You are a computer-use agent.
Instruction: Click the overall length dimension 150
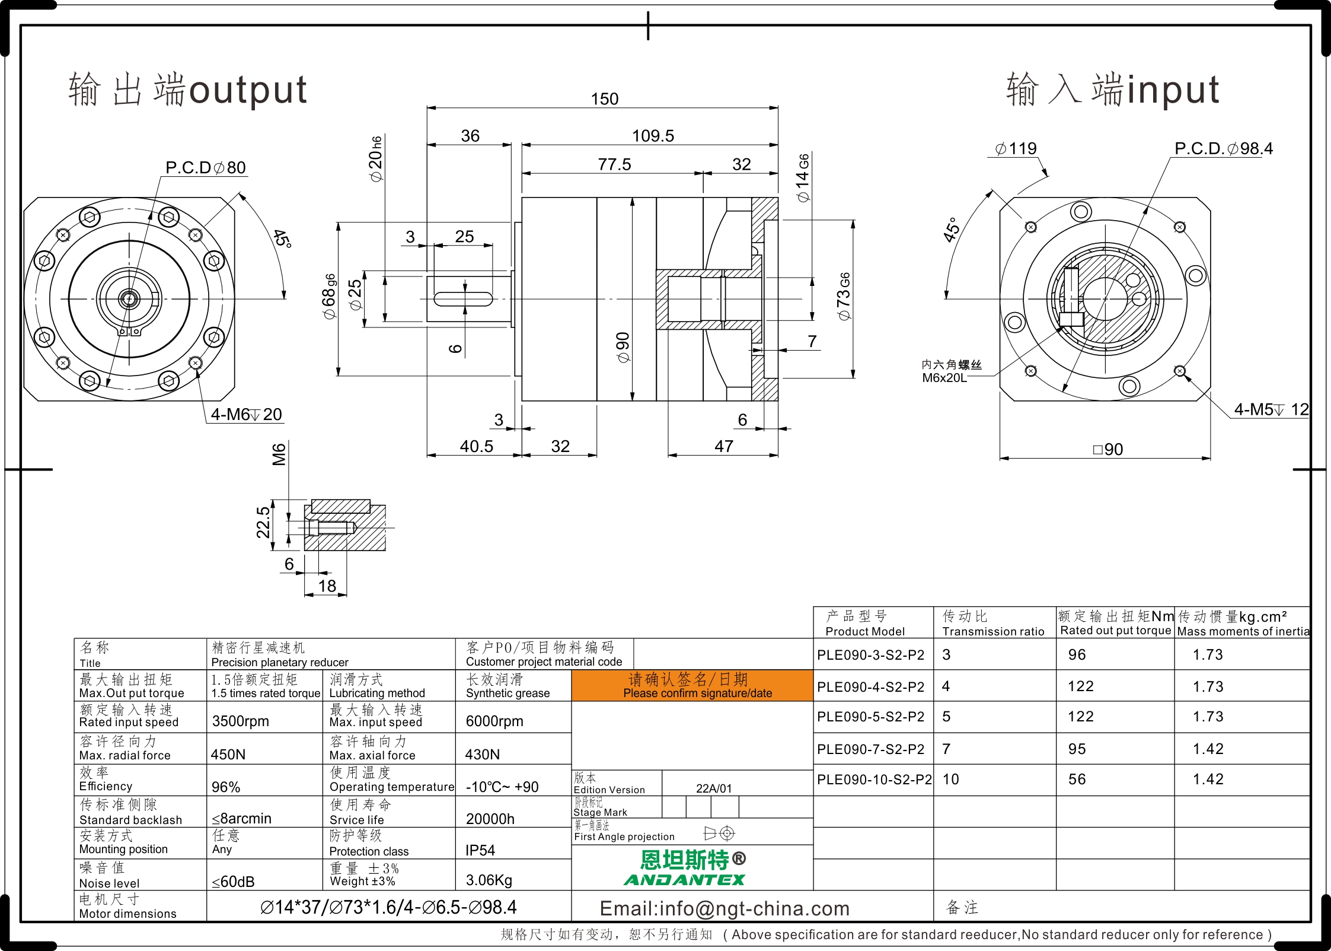tap(604, 99)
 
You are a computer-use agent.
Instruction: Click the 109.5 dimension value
tap(653, 136)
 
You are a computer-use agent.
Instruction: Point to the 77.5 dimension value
tap(614, 164)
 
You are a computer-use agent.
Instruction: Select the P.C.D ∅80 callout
tap(206, 167)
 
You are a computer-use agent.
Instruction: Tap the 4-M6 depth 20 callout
tap(247, 414)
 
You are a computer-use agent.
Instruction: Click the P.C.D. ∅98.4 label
tap(1224, 148)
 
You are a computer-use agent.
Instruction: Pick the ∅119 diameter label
tap(1016, 148)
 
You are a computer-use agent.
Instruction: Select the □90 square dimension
tap(1107, 449)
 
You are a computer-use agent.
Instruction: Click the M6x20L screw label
tap(944, 378)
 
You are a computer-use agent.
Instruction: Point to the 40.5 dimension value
tap(477, 446)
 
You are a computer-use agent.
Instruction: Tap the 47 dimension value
tap(724, 446)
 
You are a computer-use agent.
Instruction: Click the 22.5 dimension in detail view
tap(263, 522)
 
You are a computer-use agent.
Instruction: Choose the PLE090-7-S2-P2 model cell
tap(870, 749)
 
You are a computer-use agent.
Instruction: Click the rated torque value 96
tap(1077, 655)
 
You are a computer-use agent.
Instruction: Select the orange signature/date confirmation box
tap(692, 686)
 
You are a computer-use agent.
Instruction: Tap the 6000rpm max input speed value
tap(494, 721)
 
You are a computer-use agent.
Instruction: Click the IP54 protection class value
tap(480, 851)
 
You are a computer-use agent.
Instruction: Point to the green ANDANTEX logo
tap(684, 880)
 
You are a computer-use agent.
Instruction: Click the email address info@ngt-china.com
tap(724, 908)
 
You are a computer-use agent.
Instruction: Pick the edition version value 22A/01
tap(714, 788)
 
